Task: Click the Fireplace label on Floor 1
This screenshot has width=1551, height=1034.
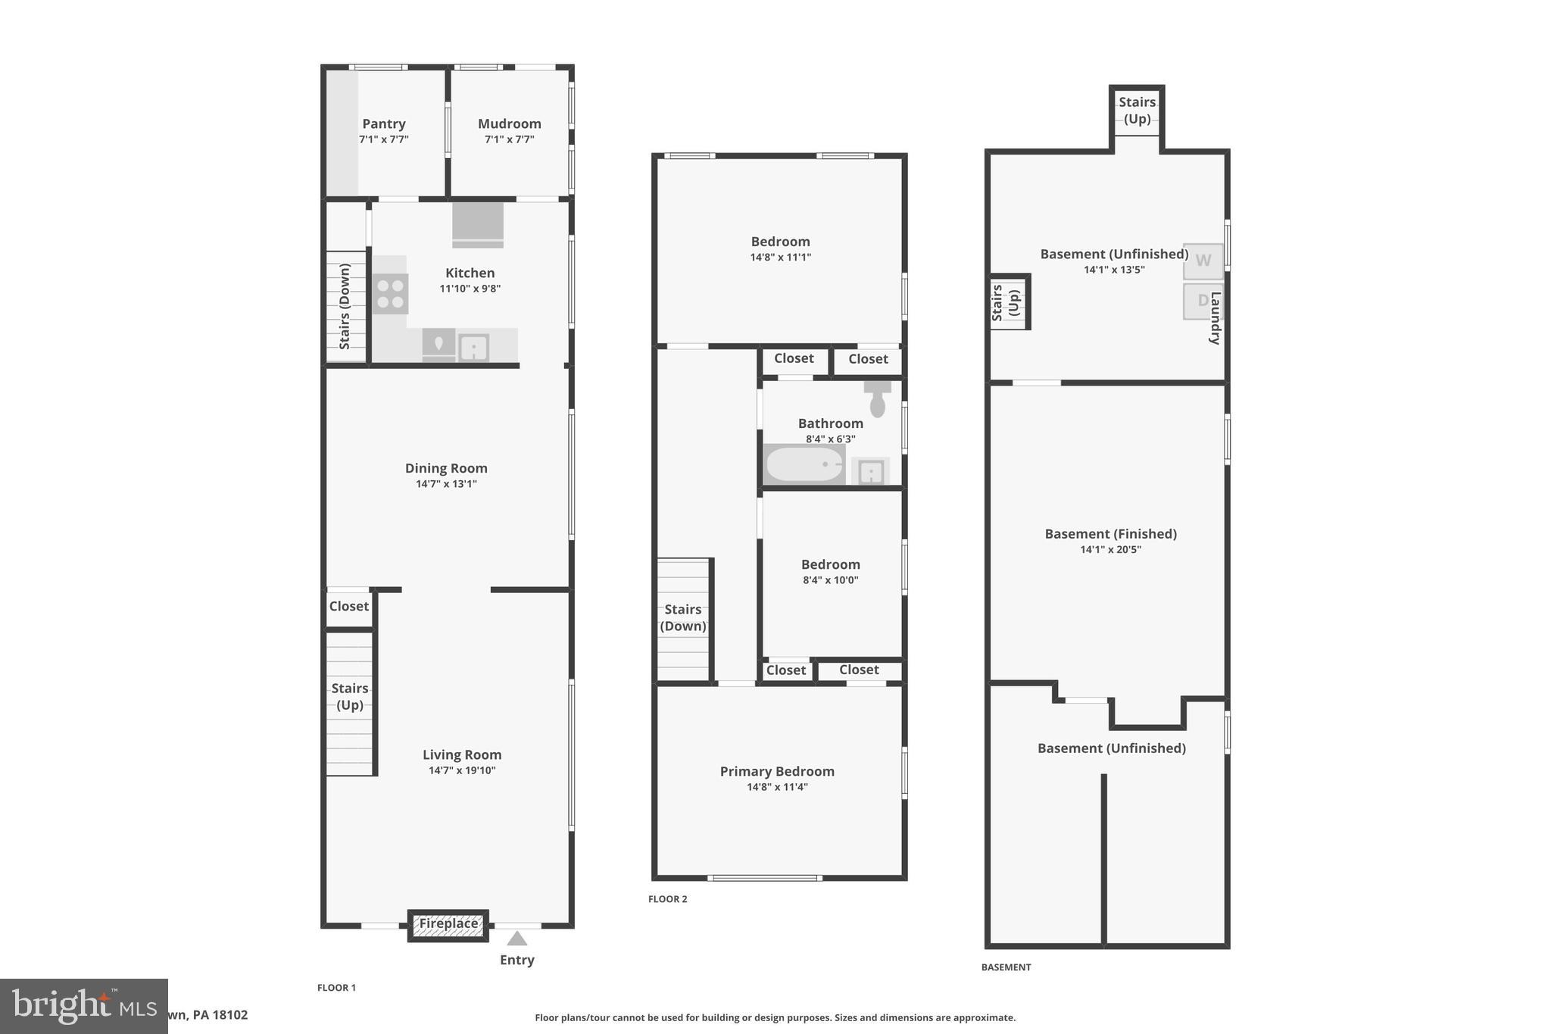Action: tap(448, 923)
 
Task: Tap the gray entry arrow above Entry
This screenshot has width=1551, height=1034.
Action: tap(517, 939)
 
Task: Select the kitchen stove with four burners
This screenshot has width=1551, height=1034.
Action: tap(390, 294)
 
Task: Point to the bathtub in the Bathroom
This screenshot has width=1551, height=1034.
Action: tap(804, 464)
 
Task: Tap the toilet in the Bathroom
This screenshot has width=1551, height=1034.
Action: tap(877, 400)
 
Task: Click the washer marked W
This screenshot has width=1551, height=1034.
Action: tap(1203, 261)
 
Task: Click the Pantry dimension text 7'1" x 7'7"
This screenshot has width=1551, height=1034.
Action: tap(384, 139)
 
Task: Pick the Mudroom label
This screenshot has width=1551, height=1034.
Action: tap(509, 123)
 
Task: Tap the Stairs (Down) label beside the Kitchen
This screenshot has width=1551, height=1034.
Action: tap(345, 306)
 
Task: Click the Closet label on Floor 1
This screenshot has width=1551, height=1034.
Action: tap(349, 606)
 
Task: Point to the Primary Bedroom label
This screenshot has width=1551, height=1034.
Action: tap(777, 771)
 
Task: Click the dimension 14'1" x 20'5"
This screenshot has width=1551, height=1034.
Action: tap(1110, 550)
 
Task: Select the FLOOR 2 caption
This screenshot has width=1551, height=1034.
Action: tap(667, 899)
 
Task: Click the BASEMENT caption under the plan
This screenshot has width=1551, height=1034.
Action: tap(1006, 967)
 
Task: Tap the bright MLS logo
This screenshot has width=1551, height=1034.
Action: tap(83, 1005)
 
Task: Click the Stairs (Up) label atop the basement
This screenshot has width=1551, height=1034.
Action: tap(1137, 110)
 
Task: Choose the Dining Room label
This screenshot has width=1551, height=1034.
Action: tap(446, 468)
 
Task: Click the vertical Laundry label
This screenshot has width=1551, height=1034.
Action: tap(1215, 318)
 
